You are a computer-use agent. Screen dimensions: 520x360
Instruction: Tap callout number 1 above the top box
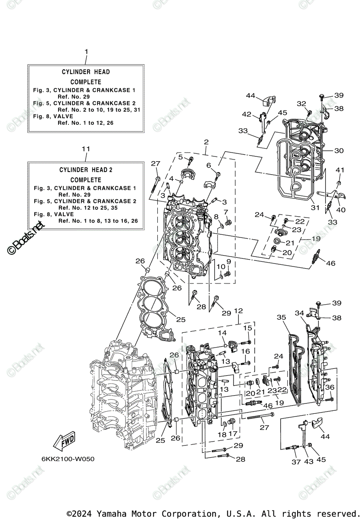click(86, 52)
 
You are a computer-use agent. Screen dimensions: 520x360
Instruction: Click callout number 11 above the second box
click(86, 149)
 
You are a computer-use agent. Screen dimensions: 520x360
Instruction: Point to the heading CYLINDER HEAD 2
click(86, 170)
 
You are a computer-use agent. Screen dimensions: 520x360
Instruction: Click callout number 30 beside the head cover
click(339, 150)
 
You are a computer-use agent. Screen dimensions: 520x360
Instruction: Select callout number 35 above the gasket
click(282, 318)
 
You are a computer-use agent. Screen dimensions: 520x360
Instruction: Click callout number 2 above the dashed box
click(206, 142)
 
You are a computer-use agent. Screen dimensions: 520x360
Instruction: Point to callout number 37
click(296, 462)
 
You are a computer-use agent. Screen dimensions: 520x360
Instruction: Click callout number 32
click(301, 104)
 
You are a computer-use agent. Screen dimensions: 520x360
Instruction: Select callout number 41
click(340, 170)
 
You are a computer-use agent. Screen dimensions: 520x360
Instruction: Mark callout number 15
click(247, 328)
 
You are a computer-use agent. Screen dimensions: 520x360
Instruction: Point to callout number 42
click(246, 114)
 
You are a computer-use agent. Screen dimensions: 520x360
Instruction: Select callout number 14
click(222, 332)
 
